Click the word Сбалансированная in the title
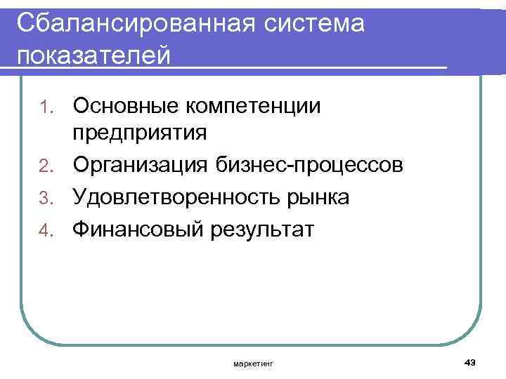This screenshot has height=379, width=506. click(131, 22)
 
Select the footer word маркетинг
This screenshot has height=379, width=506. click(254, 363)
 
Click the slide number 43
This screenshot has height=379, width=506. click(470, 361)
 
